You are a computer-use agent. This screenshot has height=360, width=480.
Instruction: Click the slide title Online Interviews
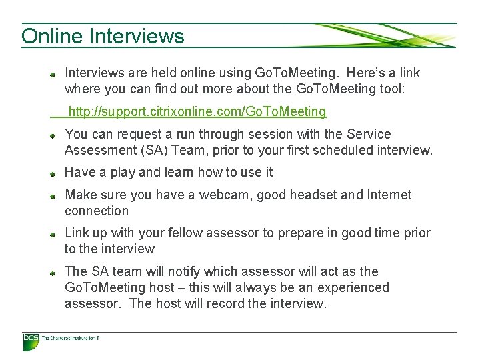tap(103, 35)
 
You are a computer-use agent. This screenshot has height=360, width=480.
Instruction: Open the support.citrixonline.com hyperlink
tap(197, 111)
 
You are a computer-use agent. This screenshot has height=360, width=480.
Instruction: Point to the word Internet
tap(386, 195)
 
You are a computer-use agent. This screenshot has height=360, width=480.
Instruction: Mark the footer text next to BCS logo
tap(71, 339)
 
